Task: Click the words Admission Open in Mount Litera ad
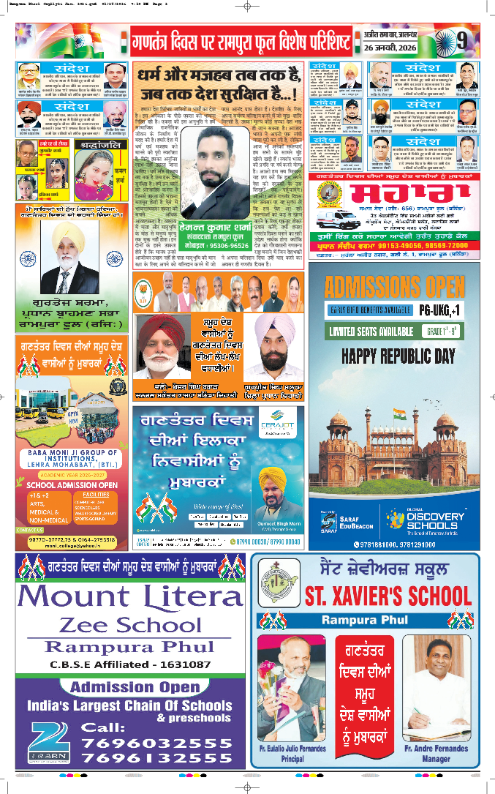(129, 687)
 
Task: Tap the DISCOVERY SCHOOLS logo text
(431, 521)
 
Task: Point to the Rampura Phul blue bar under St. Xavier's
(365, 621)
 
